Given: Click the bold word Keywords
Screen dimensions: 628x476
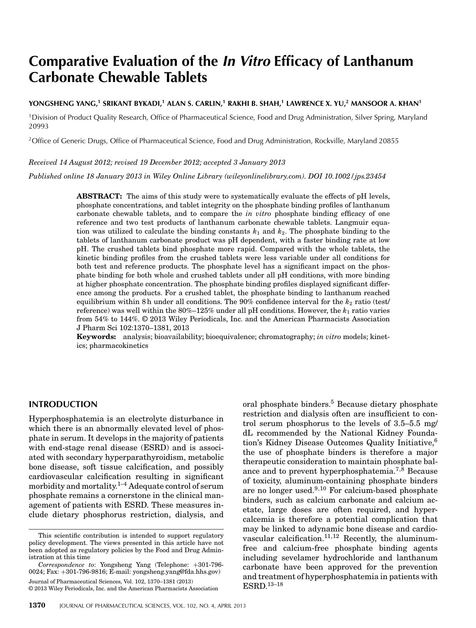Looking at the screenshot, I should pyautogui.click(x=96, y=337).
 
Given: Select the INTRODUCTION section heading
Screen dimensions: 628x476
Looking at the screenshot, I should pyautogui.click(x=63, y=404).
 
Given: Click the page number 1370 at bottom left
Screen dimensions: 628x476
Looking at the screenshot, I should pyautogui.click(x=37, y=605).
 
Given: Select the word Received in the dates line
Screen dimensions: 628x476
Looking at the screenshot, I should pyautogui.click(x=43, y=162).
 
